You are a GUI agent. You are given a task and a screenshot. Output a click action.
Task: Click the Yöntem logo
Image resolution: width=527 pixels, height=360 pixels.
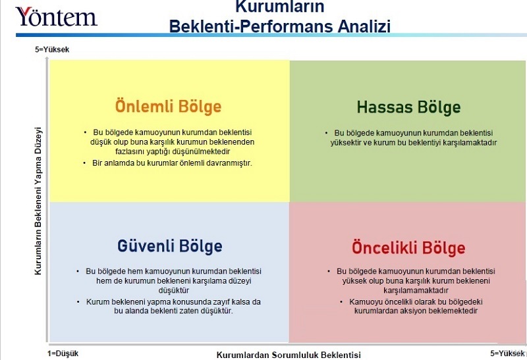tap(56, 16)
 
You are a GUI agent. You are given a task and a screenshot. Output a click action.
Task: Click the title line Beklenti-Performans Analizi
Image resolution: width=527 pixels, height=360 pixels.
tap(279, 26)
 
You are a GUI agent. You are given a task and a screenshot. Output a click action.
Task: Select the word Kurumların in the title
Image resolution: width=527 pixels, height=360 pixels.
tap(279, 7)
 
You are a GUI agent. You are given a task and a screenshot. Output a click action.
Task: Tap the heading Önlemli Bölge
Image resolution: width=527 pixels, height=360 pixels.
tap(169, 107)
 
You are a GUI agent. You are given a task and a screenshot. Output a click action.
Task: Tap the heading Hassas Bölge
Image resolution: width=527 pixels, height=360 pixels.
tap(408, 107)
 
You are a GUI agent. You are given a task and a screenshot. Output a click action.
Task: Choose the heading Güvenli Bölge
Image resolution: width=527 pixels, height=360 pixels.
tap(170, 246)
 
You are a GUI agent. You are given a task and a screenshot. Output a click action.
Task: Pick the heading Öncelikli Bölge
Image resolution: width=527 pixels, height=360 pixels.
tap(408, 247)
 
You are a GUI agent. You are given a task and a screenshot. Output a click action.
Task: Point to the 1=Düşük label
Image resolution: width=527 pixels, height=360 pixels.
tap(63, 353)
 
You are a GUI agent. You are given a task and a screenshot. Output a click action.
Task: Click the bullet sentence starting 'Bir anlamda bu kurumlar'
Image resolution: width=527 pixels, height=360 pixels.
tap(172, 163)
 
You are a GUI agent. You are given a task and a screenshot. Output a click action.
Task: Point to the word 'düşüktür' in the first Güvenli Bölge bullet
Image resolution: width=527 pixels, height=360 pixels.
tap(171, 290)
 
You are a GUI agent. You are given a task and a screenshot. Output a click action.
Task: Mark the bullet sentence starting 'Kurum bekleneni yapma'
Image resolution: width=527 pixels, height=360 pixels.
tap(173, 306)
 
